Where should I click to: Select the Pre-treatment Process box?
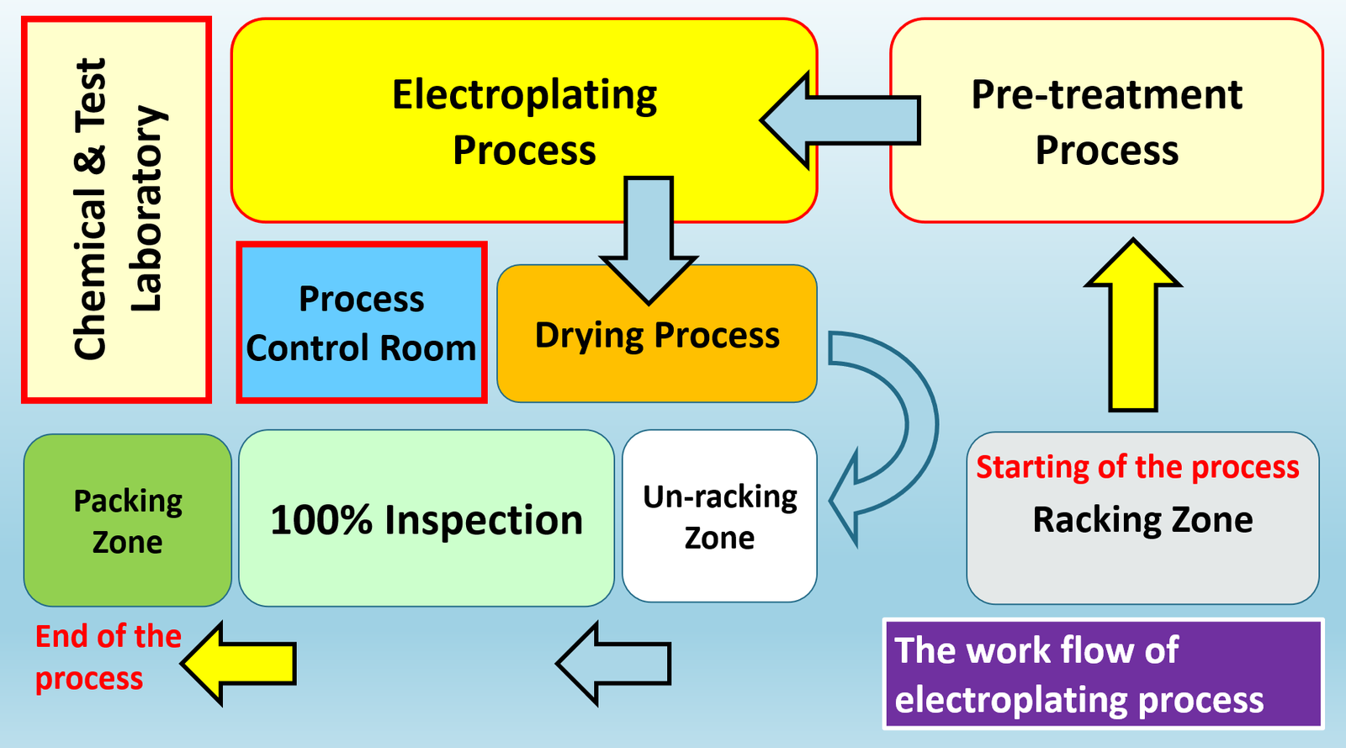[1106, 122]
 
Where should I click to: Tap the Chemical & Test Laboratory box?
[116, 210]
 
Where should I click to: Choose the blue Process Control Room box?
[362, 323]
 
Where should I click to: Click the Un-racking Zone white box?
[719, 517]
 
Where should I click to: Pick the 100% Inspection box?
[427, 519]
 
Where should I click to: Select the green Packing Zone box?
[128, 521]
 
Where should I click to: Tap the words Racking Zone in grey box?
[1142, 520]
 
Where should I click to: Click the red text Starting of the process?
[1137, 467]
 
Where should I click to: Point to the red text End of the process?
[108, 657]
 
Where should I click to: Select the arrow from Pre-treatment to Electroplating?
[841, 120]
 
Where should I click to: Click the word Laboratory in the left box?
[145, 210]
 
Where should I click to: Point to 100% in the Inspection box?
[321, 520]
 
